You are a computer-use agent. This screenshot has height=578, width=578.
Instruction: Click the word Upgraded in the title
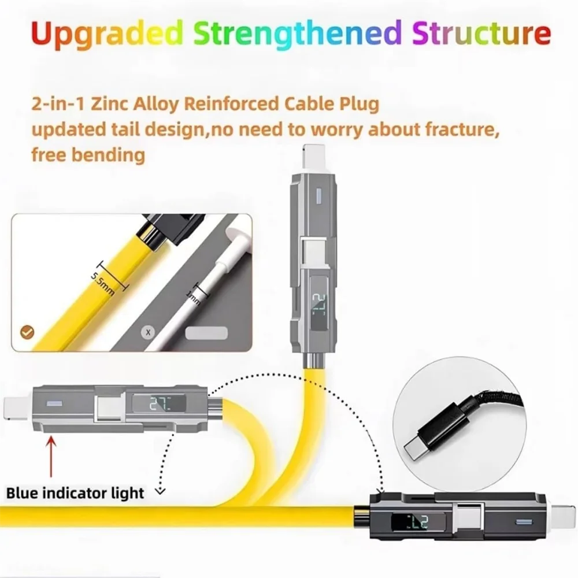tap(108, 34)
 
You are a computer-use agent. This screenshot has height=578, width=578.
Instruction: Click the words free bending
tap(88, 155)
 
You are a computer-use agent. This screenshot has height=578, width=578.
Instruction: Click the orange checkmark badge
tap(27, 332)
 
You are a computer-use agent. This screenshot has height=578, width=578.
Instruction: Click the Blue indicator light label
tap(75, 493)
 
